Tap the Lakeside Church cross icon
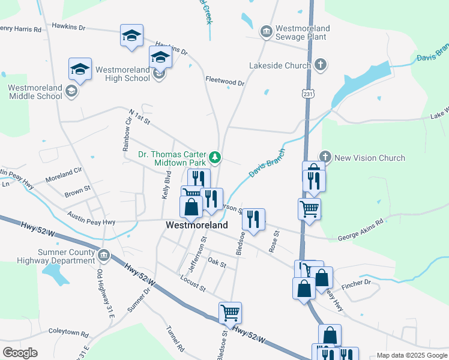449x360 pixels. [x=321, y=65]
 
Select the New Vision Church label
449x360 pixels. [x=369, y=158]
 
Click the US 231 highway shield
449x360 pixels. [x=308, y=94]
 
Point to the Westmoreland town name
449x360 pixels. [x=197, y=226]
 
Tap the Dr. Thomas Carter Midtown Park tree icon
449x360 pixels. [x=215, y=158]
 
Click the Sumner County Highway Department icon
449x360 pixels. [x=104, y=256]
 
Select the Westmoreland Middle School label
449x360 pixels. [x=35, y=92]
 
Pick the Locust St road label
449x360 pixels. [x=193, y=284]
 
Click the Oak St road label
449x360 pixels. [x=217, y=263]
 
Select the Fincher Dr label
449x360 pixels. [x=359, y=282]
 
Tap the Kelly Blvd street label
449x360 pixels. [x=167, y=186]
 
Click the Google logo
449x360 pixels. [x=20, y=353]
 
